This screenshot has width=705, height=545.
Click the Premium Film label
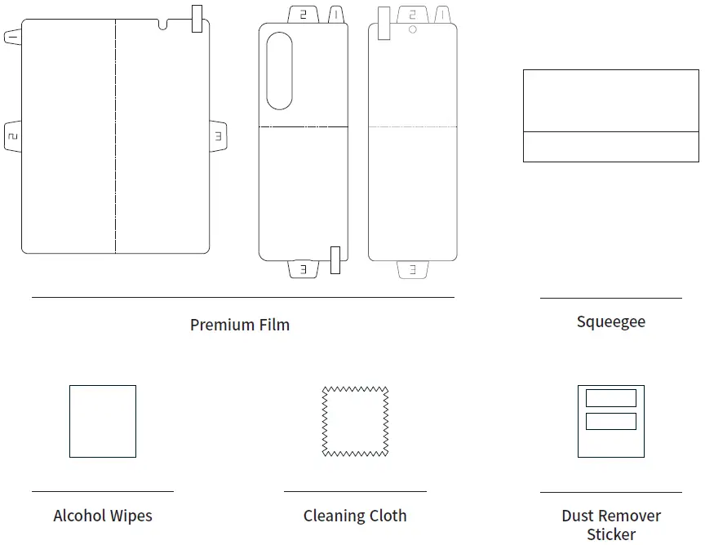click(x=239, y=325)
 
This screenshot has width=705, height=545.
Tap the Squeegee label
click(x=610, y=321)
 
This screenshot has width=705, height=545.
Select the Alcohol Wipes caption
click(x=103, y=516)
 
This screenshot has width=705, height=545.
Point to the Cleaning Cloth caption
click(x=355, y=516)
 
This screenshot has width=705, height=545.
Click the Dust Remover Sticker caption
click(x=610, y=525)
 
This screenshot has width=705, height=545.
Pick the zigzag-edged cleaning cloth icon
click(x=355, y=421)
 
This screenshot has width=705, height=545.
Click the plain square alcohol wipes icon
click(x=103, y=421)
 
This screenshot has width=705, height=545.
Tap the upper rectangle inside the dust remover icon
click(x=611, y=398)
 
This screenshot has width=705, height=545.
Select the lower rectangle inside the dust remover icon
click(x=611, y=421)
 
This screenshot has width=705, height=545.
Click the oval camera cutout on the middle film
click(x=280, y=71)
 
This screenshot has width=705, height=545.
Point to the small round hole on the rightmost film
click(x=413, y=29)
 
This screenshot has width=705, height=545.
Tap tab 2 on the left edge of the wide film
click(x=12, y=136)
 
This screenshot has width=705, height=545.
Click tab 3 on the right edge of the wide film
click(x=219, y=136)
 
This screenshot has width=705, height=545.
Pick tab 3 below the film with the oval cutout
click(x=304, y=268)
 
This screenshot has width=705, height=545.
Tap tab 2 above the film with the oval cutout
click(x=304, y=15)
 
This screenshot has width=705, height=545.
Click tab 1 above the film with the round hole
click(x=442, y=15)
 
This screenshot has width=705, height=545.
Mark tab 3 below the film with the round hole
click(x=413, y=268)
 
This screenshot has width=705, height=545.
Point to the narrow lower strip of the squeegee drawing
click(x=610, y=147)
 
